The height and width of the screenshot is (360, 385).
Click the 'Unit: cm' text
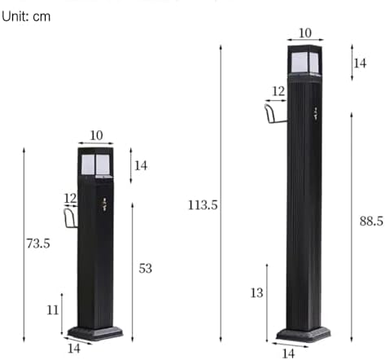tap(25, 16)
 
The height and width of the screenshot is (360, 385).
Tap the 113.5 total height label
tap(203, 205)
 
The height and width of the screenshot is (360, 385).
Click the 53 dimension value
tap(146, 268)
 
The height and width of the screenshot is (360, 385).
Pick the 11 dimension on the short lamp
tap(52, 310)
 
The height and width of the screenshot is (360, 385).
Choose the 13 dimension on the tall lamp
tap(256, 293)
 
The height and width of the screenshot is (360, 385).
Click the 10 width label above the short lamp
tap(97, 134)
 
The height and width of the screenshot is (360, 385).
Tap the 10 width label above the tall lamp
tap(304, 33)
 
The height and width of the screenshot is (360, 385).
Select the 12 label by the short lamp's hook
tap(70, 198)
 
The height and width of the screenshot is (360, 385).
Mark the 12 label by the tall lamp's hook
tap(278, 91)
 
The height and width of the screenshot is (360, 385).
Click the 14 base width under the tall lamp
tap(287, 353)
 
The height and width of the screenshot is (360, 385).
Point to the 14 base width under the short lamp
tap(74, 349)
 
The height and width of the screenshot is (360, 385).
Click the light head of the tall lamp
tap(304, 59)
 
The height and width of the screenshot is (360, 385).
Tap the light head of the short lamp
tap(96, 163)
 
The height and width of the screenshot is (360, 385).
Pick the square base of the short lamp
tap(95, 332)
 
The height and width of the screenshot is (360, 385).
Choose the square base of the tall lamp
tap(303, 334)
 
